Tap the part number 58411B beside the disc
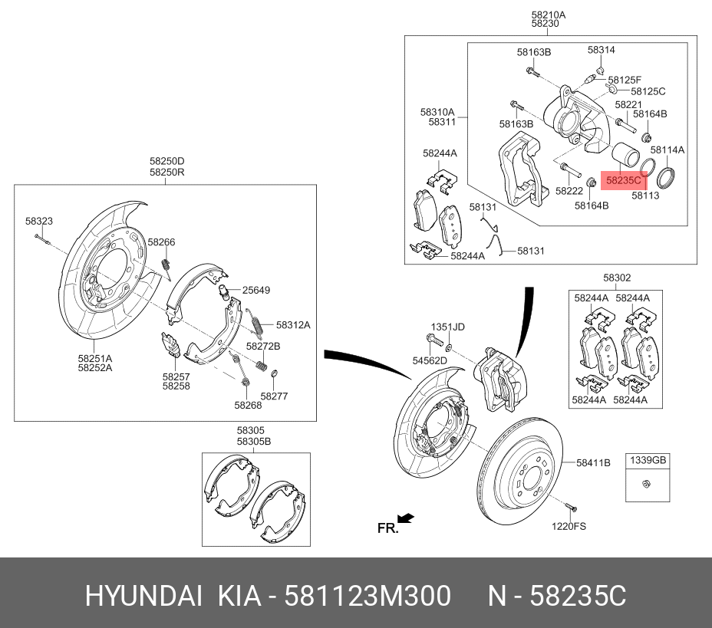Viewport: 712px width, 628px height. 593,462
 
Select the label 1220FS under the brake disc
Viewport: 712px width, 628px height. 569,526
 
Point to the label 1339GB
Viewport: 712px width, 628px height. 648,460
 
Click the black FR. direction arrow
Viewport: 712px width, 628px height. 406,519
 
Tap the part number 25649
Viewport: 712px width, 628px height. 256,291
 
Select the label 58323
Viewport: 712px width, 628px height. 38,221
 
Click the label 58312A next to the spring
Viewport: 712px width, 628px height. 293,324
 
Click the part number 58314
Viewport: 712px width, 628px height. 602,50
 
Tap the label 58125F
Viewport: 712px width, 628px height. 624,80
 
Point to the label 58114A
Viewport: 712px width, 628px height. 667,150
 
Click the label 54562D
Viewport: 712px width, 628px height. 430,360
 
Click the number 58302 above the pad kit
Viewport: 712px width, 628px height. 616,278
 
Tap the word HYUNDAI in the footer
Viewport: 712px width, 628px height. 143,595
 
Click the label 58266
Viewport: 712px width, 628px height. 162,242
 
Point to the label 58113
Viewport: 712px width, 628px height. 645,196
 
